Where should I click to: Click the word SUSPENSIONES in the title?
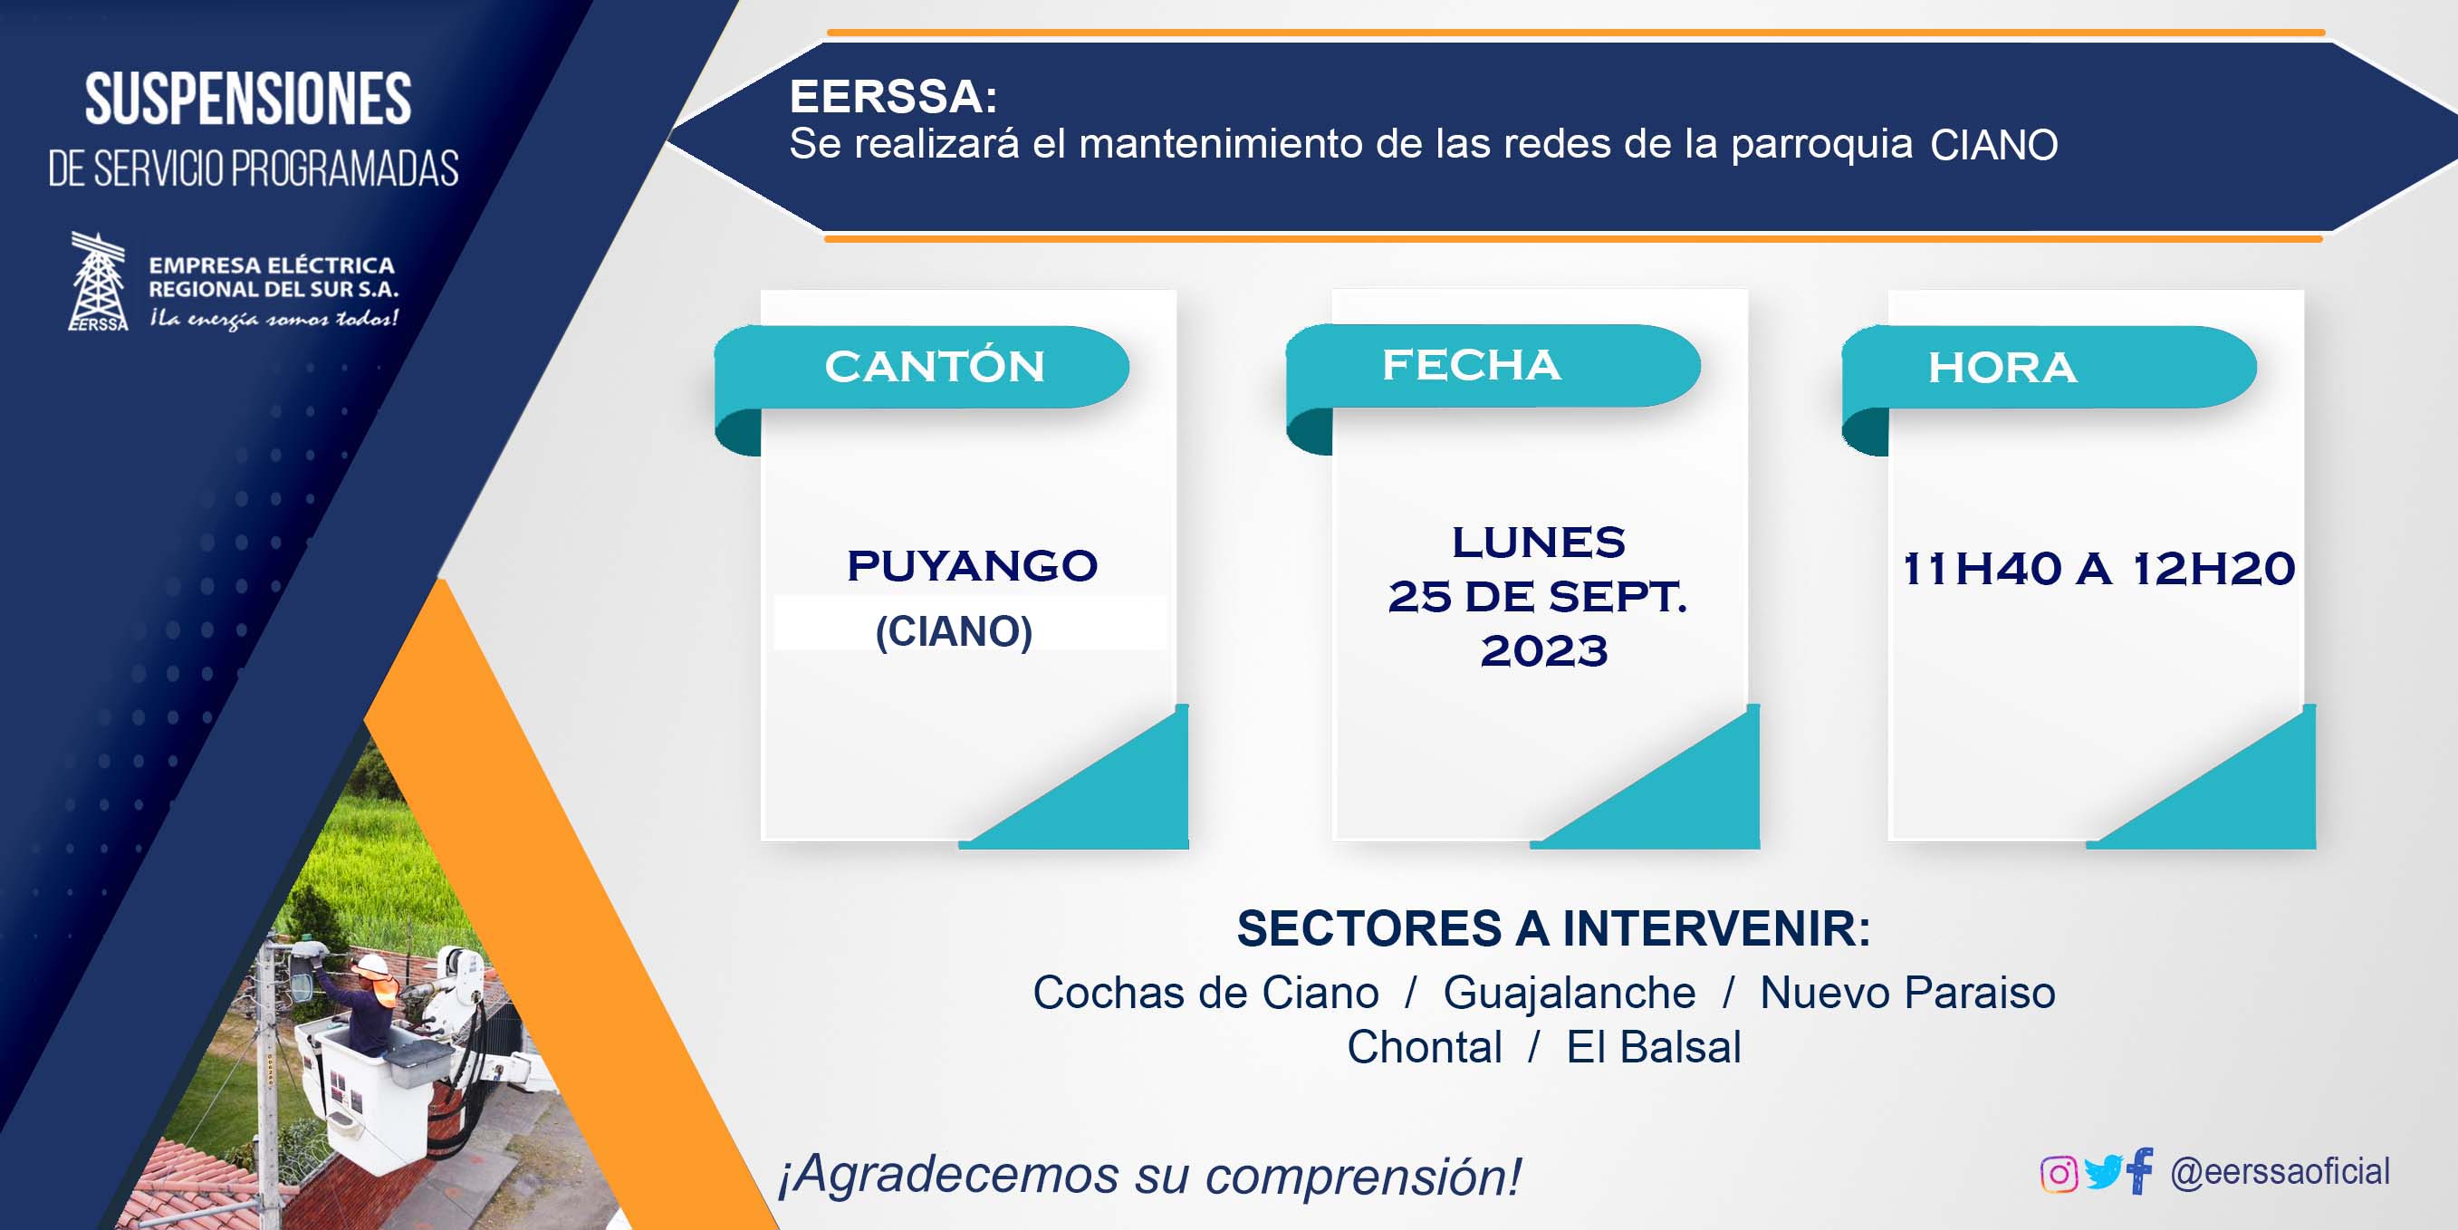pyautogui.click(x=248, y=100)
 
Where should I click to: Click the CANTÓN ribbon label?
pyautogui.click(x=934, y=367)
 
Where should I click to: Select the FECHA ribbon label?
pyautogui.click(x=1472, y=364)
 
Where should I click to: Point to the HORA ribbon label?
pyautogui.click(x=2002, y=368)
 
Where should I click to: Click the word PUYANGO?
pyautogui.click(x=973, y=566)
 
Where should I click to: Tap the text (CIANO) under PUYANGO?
pyautogui.click(x=955, y=631)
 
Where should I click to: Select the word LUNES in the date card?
pyautogui.click(x=1538, y=542)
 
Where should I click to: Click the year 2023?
pyautogui.click(x=1544, y=651)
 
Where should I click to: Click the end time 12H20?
pyautogui.click(x=2213, y=569)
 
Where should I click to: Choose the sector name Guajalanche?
pyautogui.click(x=1570, y=994)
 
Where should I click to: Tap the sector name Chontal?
pyautogui.click(x=1425, y=1047)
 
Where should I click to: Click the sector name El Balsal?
pyautogui.click(x=1654, y=1047)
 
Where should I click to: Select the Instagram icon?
pyautogui.click(x=2059, y=1173)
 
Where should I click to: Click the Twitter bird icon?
pyautogui.click(x=2103, y=1172)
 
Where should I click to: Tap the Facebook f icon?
pyautogui.click(x=2140, y=1170)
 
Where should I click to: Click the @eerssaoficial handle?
pyautogui.click(x=2280, y=1172)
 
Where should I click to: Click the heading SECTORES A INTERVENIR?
pyautogui.click(x=1553, y=928)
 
